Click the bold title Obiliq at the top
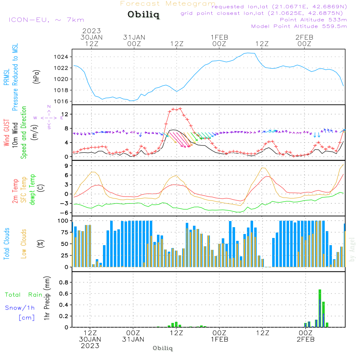click(143, 15)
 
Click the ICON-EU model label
click(46, 20)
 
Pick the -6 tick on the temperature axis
click(66, 213)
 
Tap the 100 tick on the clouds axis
click(64, 220)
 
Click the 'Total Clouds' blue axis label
click(6, 244)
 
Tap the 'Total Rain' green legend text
click(24, 295)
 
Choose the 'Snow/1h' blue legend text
click(21, 308)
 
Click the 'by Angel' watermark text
click(352, 249)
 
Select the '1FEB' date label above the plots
click(219, 37)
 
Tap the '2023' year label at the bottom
click(90, 346)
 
